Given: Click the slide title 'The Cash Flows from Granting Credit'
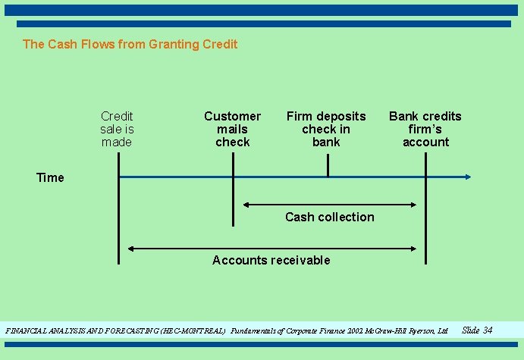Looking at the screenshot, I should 130,44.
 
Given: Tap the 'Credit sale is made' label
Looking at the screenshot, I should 117,129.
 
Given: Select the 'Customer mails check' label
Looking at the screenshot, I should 232,129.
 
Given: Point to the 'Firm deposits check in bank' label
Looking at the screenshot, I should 326,129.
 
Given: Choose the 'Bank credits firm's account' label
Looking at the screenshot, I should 425,129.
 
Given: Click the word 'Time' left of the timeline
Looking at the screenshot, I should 50,177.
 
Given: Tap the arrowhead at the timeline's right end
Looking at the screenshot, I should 468,177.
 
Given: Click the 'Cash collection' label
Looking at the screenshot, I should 330,217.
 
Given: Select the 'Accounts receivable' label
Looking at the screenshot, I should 271,260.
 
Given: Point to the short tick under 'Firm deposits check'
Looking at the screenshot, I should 328,164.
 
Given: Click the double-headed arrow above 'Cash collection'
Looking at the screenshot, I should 330,204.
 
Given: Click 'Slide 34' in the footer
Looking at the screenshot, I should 477,330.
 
